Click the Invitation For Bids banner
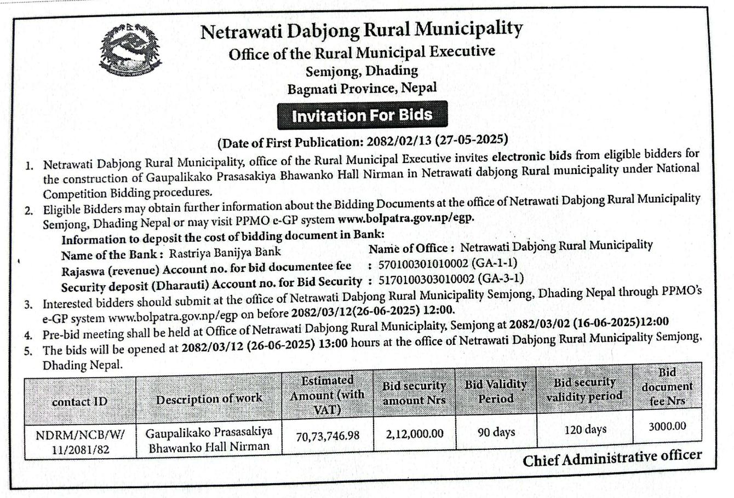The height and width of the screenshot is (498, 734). [362, 115]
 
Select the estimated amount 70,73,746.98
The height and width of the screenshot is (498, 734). [328, 436]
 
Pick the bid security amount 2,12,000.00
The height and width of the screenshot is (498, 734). [415, 434]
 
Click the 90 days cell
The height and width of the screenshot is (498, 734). [496, 432]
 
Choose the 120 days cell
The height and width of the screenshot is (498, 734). [584, 430]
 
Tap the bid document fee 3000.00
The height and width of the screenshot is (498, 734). [667, 426]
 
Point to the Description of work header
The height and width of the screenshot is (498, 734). [209, 399]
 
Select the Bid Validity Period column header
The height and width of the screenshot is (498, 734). [496, 391]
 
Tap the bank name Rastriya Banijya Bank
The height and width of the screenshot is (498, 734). [225, 252]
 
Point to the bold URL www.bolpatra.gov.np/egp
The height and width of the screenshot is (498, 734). [405, 217]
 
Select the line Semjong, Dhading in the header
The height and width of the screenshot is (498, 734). [362, 71]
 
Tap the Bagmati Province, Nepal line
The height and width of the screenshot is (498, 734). [362, 88]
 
